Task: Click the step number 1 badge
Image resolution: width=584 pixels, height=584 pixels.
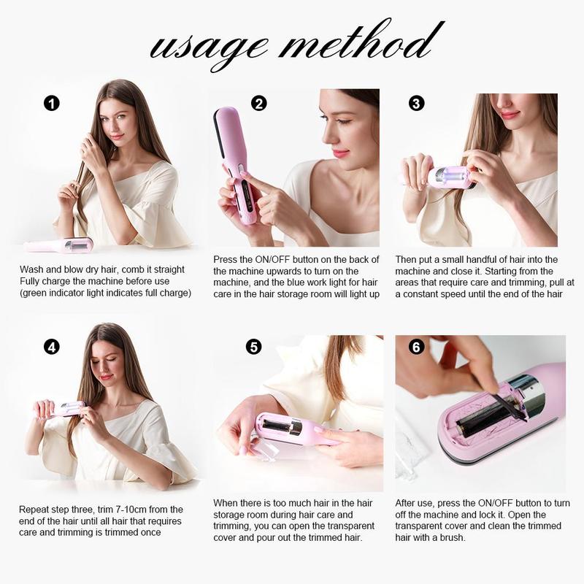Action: click(51, 103)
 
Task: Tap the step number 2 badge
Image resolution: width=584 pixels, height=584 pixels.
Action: click(258, 103)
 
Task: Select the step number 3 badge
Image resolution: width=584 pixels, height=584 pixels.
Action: click(416, 103)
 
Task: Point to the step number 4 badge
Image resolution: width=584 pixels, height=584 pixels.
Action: click(51, 347)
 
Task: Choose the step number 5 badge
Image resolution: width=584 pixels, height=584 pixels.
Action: click(253, 347)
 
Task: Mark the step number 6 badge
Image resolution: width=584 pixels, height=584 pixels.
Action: click(417, 347)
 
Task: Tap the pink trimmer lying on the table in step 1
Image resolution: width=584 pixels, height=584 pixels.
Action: click(58, 245)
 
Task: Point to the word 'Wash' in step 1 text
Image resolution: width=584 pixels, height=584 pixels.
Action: click(32, 269)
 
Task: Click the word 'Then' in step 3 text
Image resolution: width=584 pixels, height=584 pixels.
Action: click(407, 260)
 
